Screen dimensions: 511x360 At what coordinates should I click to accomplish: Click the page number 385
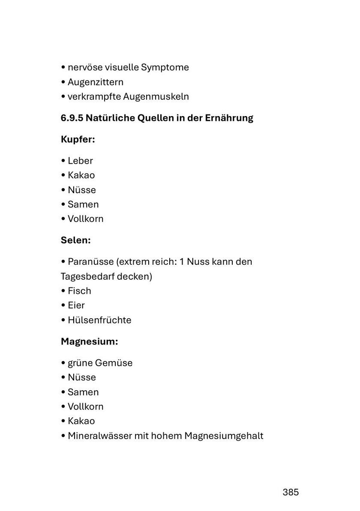click(x=291, y=492)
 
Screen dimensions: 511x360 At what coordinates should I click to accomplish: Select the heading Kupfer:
click(x=78, y=140)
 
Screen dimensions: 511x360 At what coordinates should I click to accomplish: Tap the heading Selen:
click(x=76, y=240)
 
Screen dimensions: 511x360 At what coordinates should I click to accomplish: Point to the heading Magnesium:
click(x=89, y=342)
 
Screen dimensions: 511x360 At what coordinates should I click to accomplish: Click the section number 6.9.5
click(x=72, y=118)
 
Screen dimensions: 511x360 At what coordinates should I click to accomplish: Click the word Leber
click(x=80, y=161)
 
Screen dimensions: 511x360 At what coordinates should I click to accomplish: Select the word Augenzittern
click(x=96, y=82)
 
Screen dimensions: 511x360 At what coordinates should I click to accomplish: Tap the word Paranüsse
click(x=90, y=261)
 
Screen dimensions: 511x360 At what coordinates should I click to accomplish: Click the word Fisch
click(x=79, y=291)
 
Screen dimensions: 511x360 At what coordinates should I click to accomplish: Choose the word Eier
click(x=76, y=305)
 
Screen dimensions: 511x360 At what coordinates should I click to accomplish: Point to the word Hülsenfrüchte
click(x=99, y=320)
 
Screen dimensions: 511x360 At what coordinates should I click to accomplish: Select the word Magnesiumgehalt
click(x=224, y=436)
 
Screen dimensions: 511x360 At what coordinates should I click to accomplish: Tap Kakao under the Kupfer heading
click(x=81, y=175)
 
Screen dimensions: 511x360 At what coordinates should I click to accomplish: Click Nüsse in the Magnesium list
click(x=82, y=377)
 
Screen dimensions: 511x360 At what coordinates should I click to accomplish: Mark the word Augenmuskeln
click(x=156, y=96)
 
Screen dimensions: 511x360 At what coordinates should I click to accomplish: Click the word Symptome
click(x=165, y=67)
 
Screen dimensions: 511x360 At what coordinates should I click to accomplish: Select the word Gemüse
click(x=114, y=363)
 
